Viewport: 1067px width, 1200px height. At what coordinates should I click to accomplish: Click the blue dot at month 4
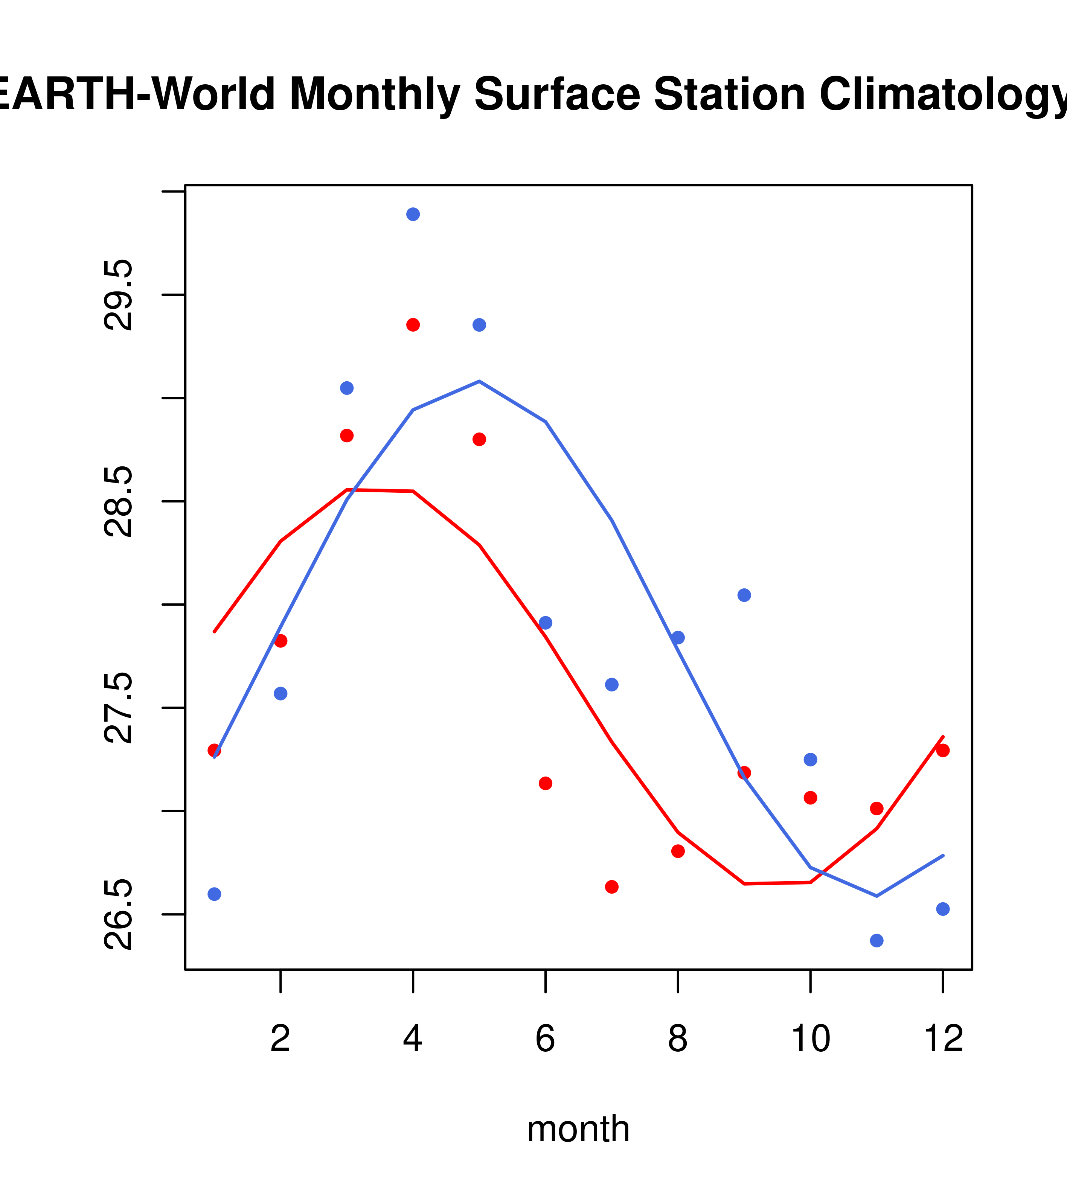pos(413,214)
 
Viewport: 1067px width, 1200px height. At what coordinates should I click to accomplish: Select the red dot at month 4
pos(413,325)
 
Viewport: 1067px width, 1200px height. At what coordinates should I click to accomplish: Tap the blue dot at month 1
pos(214,894)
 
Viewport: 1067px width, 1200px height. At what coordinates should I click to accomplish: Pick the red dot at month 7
pos(611,886)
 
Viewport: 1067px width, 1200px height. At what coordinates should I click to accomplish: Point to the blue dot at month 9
pos(744,595)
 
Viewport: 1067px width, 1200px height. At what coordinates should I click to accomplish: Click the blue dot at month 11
pos(876,941)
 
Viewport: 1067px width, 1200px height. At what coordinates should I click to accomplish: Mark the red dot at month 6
pos(546,783)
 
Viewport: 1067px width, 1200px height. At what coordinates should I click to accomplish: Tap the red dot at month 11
pos(876,809)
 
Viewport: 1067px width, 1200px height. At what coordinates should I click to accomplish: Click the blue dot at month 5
pos(479,325)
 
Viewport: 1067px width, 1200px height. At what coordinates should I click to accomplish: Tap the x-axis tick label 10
pos(810,1039)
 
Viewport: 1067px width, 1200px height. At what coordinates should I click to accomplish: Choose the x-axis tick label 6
pos(546,1039)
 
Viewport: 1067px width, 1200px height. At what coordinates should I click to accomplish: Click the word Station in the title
pos(729,94)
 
